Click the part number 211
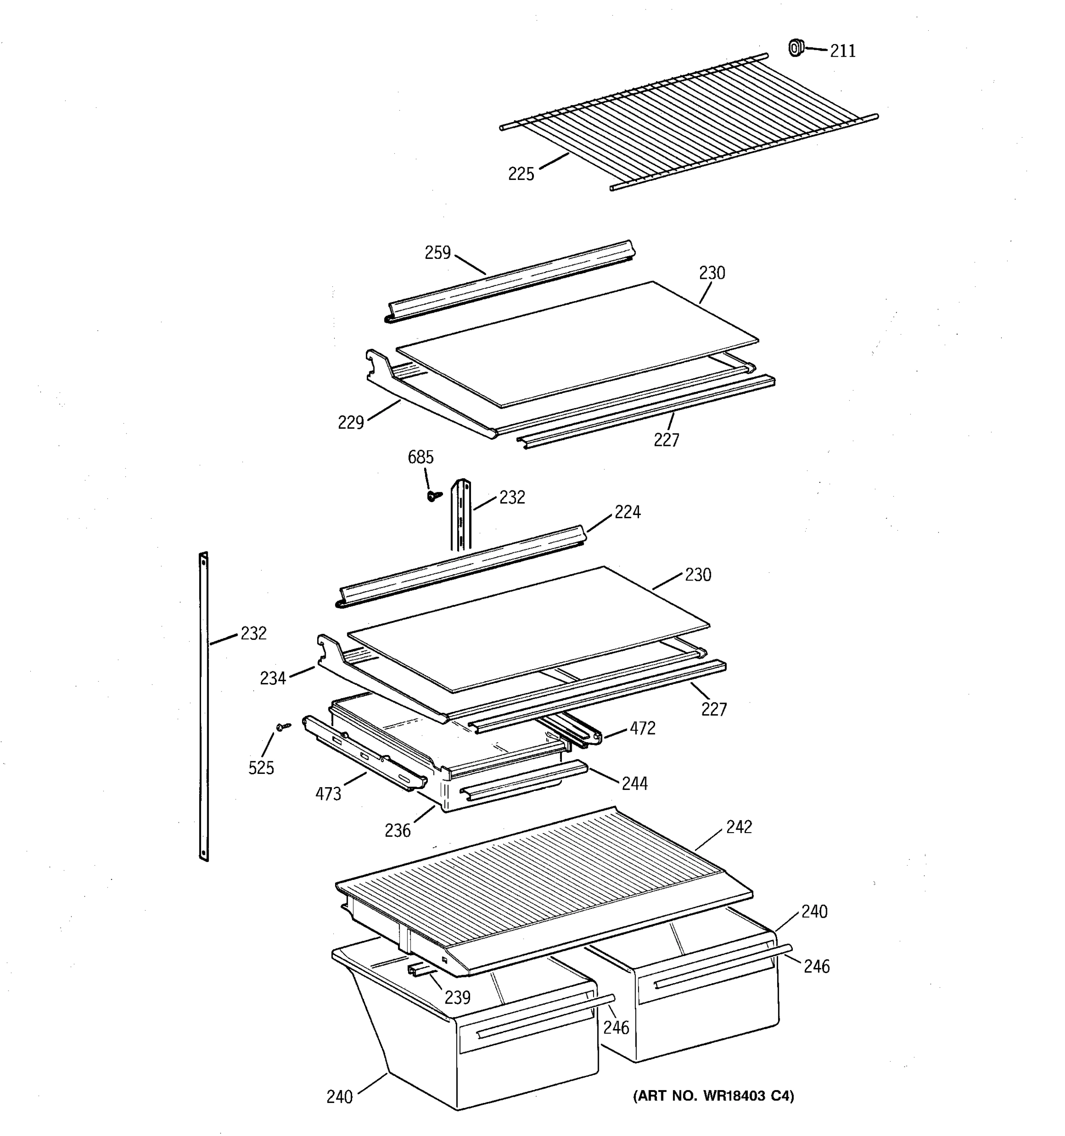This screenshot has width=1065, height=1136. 842,52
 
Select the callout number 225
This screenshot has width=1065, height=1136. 521,174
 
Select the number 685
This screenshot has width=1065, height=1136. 420,457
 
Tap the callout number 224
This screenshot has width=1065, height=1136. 627,512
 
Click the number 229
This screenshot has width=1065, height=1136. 350,422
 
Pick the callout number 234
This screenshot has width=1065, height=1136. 273,678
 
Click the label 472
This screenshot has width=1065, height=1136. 642,728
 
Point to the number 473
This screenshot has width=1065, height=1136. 328,794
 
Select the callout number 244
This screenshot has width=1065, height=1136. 634,783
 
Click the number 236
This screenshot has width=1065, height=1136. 397,830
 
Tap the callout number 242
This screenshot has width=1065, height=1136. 738,827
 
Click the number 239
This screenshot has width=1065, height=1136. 457,997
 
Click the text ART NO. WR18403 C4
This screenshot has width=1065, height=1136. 713,1096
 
